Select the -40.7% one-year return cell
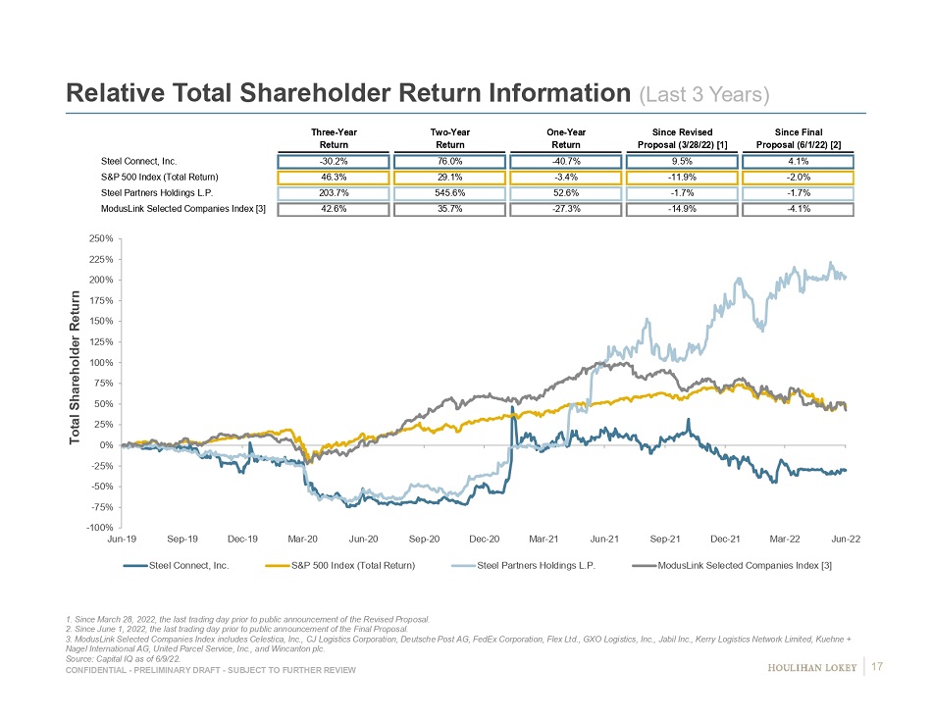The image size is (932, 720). [x=565, y=161]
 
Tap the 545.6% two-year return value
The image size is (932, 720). [x=449, y=192]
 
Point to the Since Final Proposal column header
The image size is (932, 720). [x=798, y=138]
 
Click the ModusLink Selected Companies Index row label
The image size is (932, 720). [x=183, y=208]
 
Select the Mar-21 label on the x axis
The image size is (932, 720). [x=544, y=540]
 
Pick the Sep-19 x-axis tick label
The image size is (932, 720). [x=182, y=540]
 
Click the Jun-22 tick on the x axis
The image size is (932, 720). [x=846, y=540]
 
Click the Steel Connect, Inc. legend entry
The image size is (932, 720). [x=189, y=566]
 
